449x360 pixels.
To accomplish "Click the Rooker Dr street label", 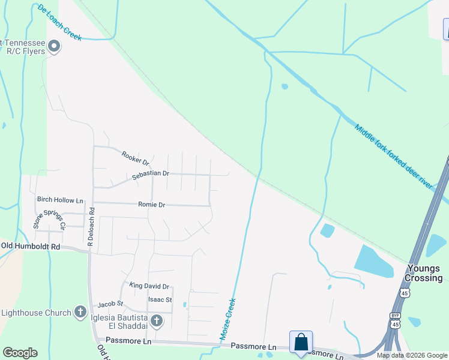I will (x=135, y=158).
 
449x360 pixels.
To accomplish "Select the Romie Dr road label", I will (x=151, y=205).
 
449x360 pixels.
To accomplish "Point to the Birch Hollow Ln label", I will (x=60, y=200).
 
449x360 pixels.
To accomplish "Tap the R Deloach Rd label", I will (x=92, y=227).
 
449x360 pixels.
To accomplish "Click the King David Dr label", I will (x=149, y=287).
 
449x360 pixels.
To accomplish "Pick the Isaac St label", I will (x=160, y=299).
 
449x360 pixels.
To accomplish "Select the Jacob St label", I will (x=110, y=304).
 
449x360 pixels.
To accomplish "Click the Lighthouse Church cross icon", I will (x=80, y=312).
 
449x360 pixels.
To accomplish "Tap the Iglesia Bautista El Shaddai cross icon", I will (x=156, y=321).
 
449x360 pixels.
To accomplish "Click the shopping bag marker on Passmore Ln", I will (x=301, y=343).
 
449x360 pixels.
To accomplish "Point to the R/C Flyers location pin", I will (x=55, y=46).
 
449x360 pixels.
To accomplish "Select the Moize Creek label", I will (x=229, y=321).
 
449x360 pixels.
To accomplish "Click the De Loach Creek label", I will (x=59, y=22).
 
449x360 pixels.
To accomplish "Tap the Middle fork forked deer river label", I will (x=393, y=157).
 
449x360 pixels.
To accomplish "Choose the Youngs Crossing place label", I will (x=424, y=273).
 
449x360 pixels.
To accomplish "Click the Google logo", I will (x=20, y=353).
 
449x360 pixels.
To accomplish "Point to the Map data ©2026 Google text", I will (x=412, y=355).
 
